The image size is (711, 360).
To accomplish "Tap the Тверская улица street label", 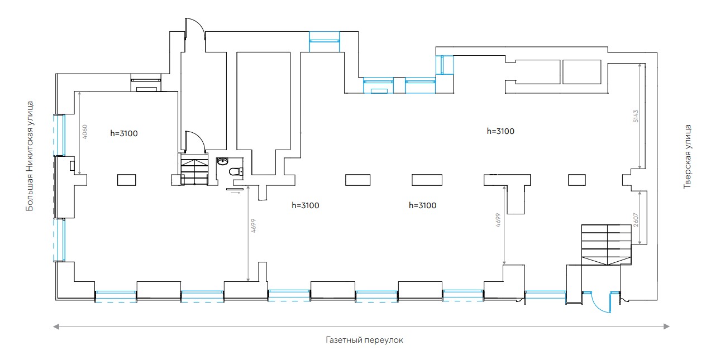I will coord(688,156).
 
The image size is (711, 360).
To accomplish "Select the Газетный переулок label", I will coord(364,340).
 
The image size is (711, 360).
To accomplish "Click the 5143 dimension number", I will coord(636,117).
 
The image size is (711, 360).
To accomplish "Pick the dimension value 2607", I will coord(636,219).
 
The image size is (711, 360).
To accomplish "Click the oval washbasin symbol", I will coord(223,162).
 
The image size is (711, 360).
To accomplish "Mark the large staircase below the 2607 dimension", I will coord(606,244).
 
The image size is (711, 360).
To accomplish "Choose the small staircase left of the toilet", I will coord(194,171).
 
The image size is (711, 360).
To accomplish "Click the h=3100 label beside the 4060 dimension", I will coord(123,133).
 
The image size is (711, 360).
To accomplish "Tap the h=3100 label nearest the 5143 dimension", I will coord(500,132).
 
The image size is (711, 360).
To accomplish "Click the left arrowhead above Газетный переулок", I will coord(55,327).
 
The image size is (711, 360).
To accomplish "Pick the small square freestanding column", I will coord(576,179).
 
